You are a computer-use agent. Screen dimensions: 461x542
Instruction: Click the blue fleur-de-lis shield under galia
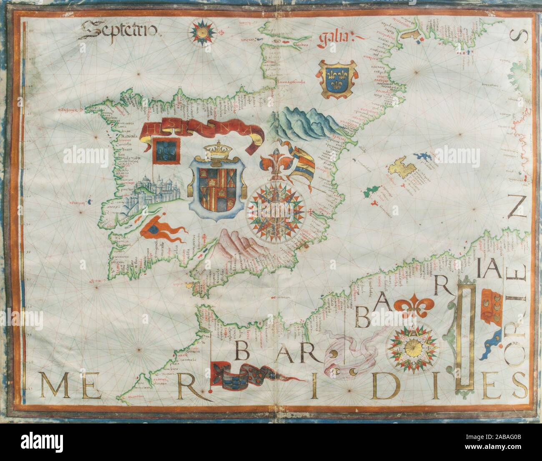(336, 78)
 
